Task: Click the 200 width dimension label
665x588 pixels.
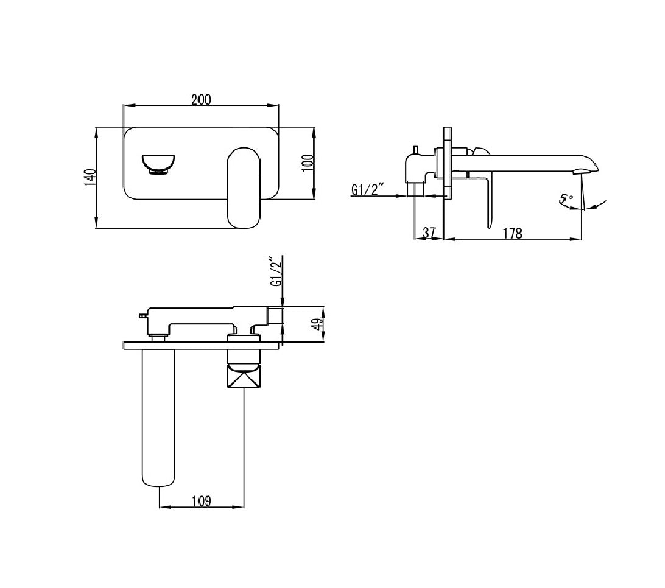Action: (201, 100)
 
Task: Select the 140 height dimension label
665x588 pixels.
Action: (90, 178)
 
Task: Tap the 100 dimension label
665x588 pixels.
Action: (308, 163)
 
